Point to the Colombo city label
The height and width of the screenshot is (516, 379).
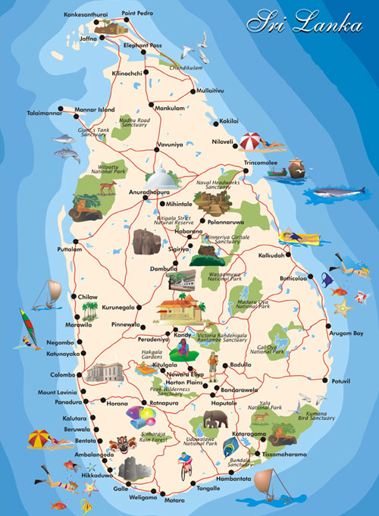pyautogui.click(x=62, y=374)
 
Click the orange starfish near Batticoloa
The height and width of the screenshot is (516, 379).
pyautogui.click(x=345, y=307)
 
